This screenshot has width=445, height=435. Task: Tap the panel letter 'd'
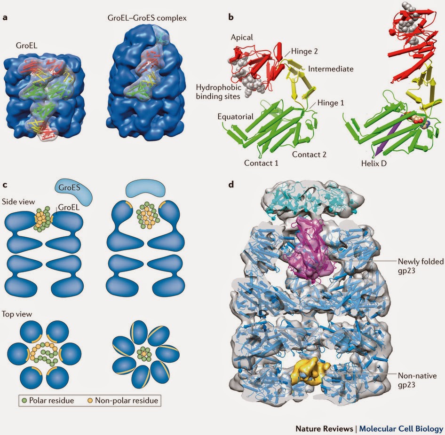coord(230,185)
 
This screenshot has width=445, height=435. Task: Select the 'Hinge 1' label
coord(329,103)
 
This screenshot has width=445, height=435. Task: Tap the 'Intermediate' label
coord(330,69)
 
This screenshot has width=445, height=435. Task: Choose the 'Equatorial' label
coord(235,116)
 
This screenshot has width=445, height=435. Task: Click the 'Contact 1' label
coord(261,163)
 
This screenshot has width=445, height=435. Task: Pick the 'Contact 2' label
coord(309,154)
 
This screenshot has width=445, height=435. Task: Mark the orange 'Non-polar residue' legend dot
coord(89,401)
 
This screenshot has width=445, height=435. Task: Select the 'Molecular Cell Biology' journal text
coord(401,429)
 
